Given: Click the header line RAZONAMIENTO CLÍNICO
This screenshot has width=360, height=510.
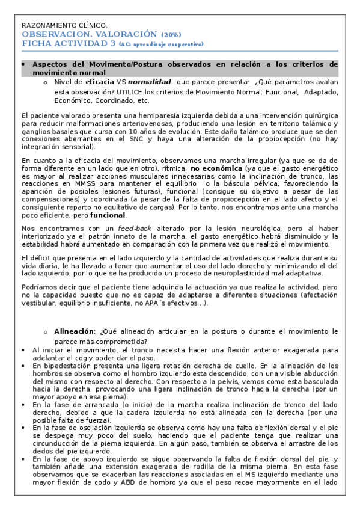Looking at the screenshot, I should tap(64, 26).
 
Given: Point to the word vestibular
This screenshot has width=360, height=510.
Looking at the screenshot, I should tap(38, 304).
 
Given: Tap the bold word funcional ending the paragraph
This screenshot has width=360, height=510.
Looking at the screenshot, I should tap(108, 215).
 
